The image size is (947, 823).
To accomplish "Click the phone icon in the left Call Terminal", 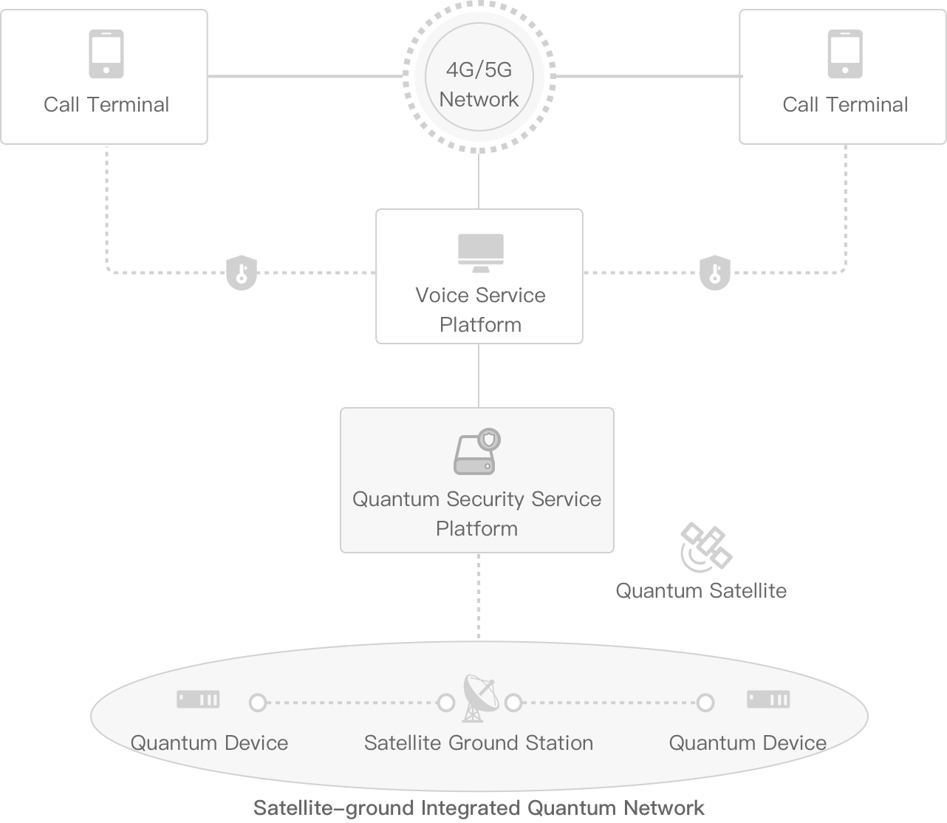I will point(106,54).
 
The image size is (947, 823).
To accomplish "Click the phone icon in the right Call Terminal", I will point(844,54).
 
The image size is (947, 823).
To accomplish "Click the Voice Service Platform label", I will point(480,310).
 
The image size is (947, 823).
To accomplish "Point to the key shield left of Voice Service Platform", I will point(242,273).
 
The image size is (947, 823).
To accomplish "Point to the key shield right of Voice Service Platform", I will point(714,273).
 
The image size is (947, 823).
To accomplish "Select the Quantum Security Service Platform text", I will point(476,513).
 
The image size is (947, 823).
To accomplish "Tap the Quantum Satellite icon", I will point(705,547).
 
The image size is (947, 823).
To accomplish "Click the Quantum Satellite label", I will point(701,591).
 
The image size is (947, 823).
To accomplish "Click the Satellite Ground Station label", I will point(479,743).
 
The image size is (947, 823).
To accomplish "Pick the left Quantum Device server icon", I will point(198,699).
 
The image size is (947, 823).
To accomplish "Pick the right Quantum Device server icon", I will point(768,699).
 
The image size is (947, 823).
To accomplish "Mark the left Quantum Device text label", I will point(210,743).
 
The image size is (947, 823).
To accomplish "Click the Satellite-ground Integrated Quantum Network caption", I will point(479,807).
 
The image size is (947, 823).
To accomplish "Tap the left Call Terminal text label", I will point(106,104).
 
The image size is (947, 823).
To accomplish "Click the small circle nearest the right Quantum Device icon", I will point(705,703).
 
